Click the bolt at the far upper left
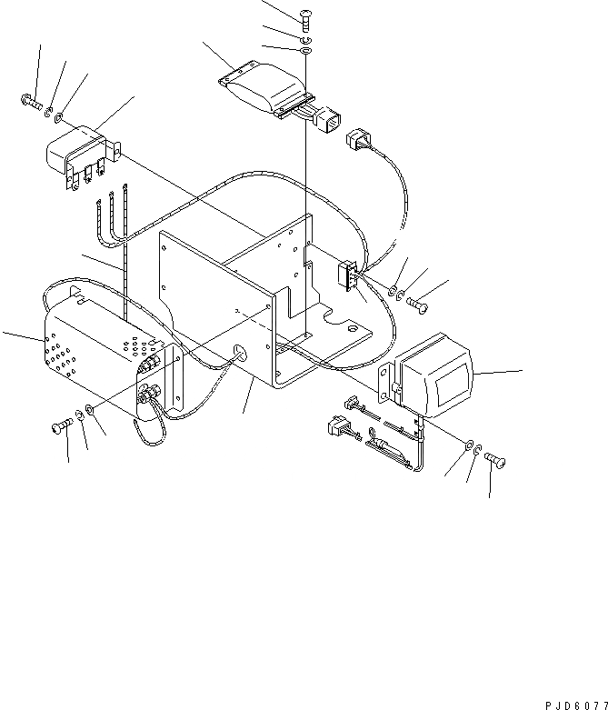click(x=27, y=104)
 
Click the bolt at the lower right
click(x=494, y=460)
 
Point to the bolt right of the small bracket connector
click(x=418, y=304)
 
